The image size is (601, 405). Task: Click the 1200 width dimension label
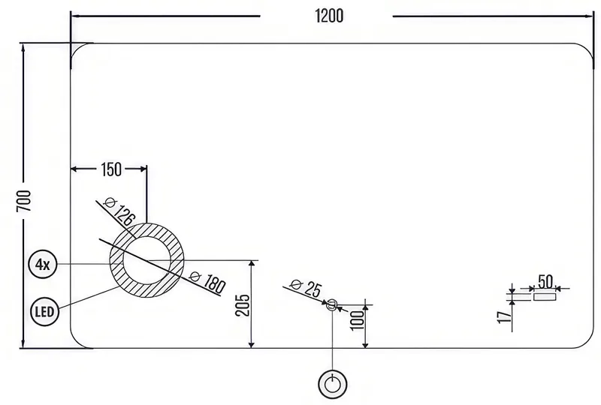329,16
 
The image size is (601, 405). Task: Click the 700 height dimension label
24,201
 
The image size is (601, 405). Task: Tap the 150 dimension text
111,169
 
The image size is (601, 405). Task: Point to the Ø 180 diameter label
208,282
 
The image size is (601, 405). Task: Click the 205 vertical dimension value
243,305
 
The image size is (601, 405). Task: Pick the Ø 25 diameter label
306,288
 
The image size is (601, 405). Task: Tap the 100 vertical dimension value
358,319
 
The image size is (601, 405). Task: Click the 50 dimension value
545,282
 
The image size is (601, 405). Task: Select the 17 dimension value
504,317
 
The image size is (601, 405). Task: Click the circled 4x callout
43,264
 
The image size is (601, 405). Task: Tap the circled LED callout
45,311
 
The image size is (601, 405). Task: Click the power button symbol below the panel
333,383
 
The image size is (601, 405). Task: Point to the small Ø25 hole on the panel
332,305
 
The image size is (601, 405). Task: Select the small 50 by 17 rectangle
545,297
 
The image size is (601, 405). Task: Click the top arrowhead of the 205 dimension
252,264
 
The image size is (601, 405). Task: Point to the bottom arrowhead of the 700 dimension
24,343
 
